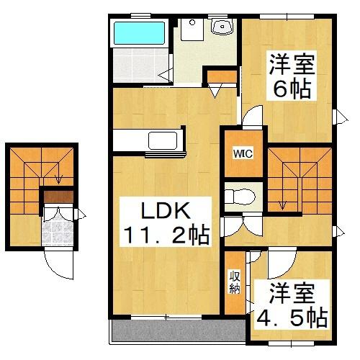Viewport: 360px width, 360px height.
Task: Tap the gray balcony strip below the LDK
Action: [x=176, y=330]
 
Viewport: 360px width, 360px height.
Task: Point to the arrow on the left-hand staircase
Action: [x=58, y=179]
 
